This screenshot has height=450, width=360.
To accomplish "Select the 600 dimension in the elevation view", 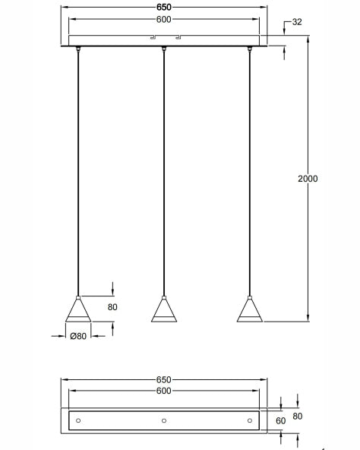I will click(164, 20).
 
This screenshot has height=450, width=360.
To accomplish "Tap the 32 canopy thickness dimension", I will click(296, 22).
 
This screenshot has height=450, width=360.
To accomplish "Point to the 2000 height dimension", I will click(308, 179).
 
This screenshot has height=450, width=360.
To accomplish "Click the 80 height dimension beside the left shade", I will click(112, 307).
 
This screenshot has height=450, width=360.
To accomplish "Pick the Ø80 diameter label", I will click(77, 335).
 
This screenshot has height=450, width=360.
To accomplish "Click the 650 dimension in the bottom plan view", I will click(164, 379).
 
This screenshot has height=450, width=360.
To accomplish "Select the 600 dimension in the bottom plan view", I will click(164, 390).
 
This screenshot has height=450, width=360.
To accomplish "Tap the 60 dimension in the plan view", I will click(279, 420).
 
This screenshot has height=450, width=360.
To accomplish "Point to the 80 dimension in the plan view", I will click(298, 416).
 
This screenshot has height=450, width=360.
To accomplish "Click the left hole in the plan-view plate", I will click(78, 420).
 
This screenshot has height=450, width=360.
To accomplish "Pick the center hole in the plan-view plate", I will click(164, 420).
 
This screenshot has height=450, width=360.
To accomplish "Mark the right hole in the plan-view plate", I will click(249, 420).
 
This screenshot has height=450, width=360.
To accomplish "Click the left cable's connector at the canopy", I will click(78, 50).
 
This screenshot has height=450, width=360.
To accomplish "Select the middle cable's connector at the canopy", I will click(164, 50).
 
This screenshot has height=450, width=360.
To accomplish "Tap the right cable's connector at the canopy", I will click(249, 50).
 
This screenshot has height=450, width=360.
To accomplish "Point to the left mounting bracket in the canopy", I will click(152, 37).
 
